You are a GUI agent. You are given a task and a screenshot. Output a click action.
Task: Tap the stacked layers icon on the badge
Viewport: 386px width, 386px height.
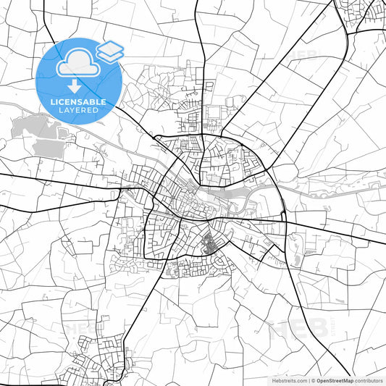[x=110, y=51]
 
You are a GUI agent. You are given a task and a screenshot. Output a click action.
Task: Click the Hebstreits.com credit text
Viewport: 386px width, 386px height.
[x=288, y=380]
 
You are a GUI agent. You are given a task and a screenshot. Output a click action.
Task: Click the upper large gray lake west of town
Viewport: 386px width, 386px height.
[x=36, y=128]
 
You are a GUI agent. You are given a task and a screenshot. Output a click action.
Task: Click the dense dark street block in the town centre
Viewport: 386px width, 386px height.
[x=214, y=245]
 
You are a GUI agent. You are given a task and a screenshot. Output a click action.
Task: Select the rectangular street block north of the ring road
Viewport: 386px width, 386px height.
[x=215, y=114]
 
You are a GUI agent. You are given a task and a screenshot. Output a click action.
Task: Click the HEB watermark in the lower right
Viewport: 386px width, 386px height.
[x=290, y=330]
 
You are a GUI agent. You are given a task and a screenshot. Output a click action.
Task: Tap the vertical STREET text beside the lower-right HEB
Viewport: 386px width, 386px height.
[x=316, y=330]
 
